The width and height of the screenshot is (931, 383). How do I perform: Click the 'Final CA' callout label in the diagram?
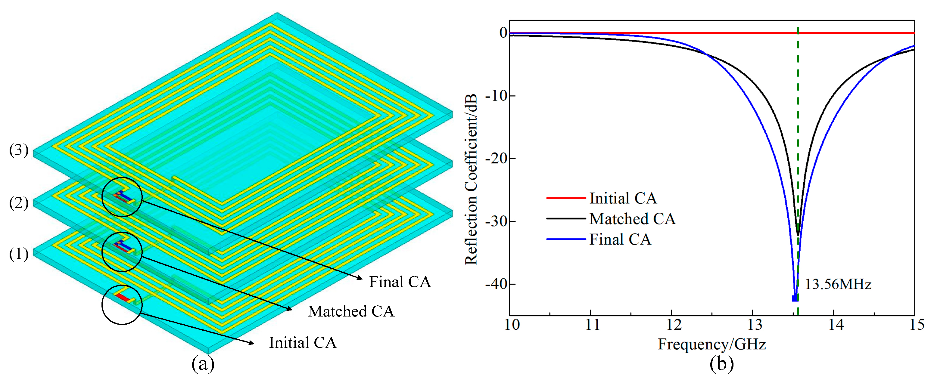[x=400, y=282]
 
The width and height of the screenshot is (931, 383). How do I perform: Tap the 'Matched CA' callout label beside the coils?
[x=350, y=311]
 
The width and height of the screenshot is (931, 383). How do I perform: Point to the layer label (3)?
[x=18, y=150]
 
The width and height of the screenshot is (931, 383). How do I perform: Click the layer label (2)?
[x=18, y=203]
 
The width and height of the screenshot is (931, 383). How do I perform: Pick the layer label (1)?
[x=18, y=254]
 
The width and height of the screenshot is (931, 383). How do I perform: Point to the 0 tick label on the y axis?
[x=503, y=33]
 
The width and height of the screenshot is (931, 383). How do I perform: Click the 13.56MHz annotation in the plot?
[x=838, y=284]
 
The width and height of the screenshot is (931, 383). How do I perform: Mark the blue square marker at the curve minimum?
[x=795, y=298]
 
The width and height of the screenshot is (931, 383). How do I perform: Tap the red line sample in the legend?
[x=565, y=198]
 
